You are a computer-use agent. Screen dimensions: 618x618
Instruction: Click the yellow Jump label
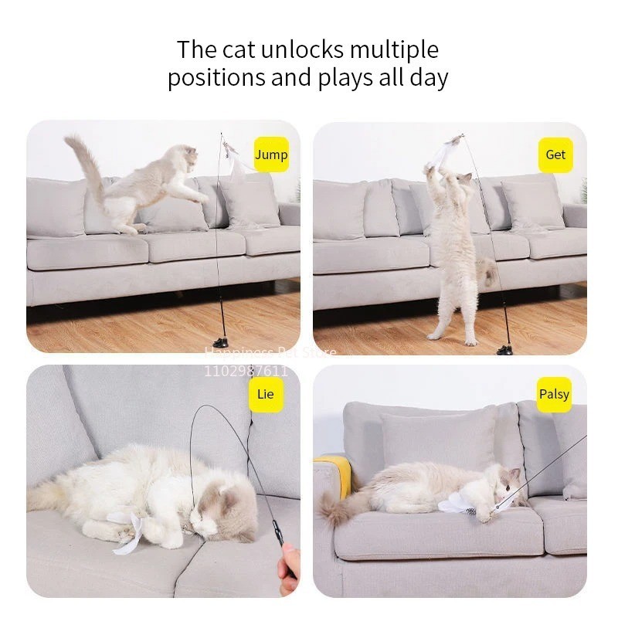pyautogui.click(x=271, y=154)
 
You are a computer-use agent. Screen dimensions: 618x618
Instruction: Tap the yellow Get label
pyautogui.click(x=555, y=154)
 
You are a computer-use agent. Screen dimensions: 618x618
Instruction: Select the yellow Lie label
pyautogui.click(x=265, y=394)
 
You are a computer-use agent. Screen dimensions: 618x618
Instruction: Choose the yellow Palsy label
pyautogui.click(x=554, y=394)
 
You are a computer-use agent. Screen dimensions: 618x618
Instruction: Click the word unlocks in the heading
pyautogui.click(x=298, y=49)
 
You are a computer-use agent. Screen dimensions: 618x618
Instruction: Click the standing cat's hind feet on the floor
pyautogui.click(x=452, y=337)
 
